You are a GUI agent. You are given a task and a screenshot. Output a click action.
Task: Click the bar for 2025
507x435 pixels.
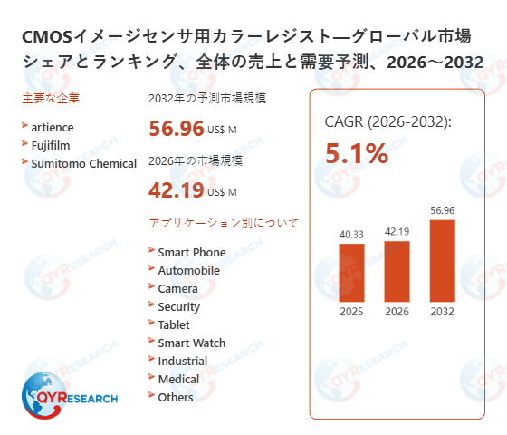[x=351, y=272]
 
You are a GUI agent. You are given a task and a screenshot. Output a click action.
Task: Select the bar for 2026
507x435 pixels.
[x=397, y=270]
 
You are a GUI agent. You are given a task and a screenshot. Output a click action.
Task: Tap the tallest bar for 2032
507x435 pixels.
[x=442, y=260]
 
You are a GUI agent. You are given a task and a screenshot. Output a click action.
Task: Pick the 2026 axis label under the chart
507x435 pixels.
[x=397, y=312]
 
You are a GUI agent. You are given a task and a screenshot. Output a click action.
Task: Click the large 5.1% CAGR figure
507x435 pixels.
[x=357, y=154]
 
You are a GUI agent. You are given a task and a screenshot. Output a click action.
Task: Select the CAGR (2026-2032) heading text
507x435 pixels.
[x=387, y=122]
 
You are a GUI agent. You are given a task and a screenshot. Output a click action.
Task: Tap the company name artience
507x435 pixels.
[x=52, y=127]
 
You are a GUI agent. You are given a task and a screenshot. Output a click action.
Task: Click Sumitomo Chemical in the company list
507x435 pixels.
[x=83, y=163]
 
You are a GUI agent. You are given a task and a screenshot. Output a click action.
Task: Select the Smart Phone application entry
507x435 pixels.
[x=192, y=252]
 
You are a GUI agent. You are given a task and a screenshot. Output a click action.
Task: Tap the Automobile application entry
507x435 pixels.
[x=188, y=270]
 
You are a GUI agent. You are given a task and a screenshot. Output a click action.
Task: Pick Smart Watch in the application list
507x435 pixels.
[x=192, y=343]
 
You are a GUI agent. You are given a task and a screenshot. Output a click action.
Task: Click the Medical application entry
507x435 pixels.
[x=178, y=379]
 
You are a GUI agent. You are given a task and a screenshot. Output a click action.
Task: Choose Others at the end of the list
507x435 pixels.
[x=176, y=397]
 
